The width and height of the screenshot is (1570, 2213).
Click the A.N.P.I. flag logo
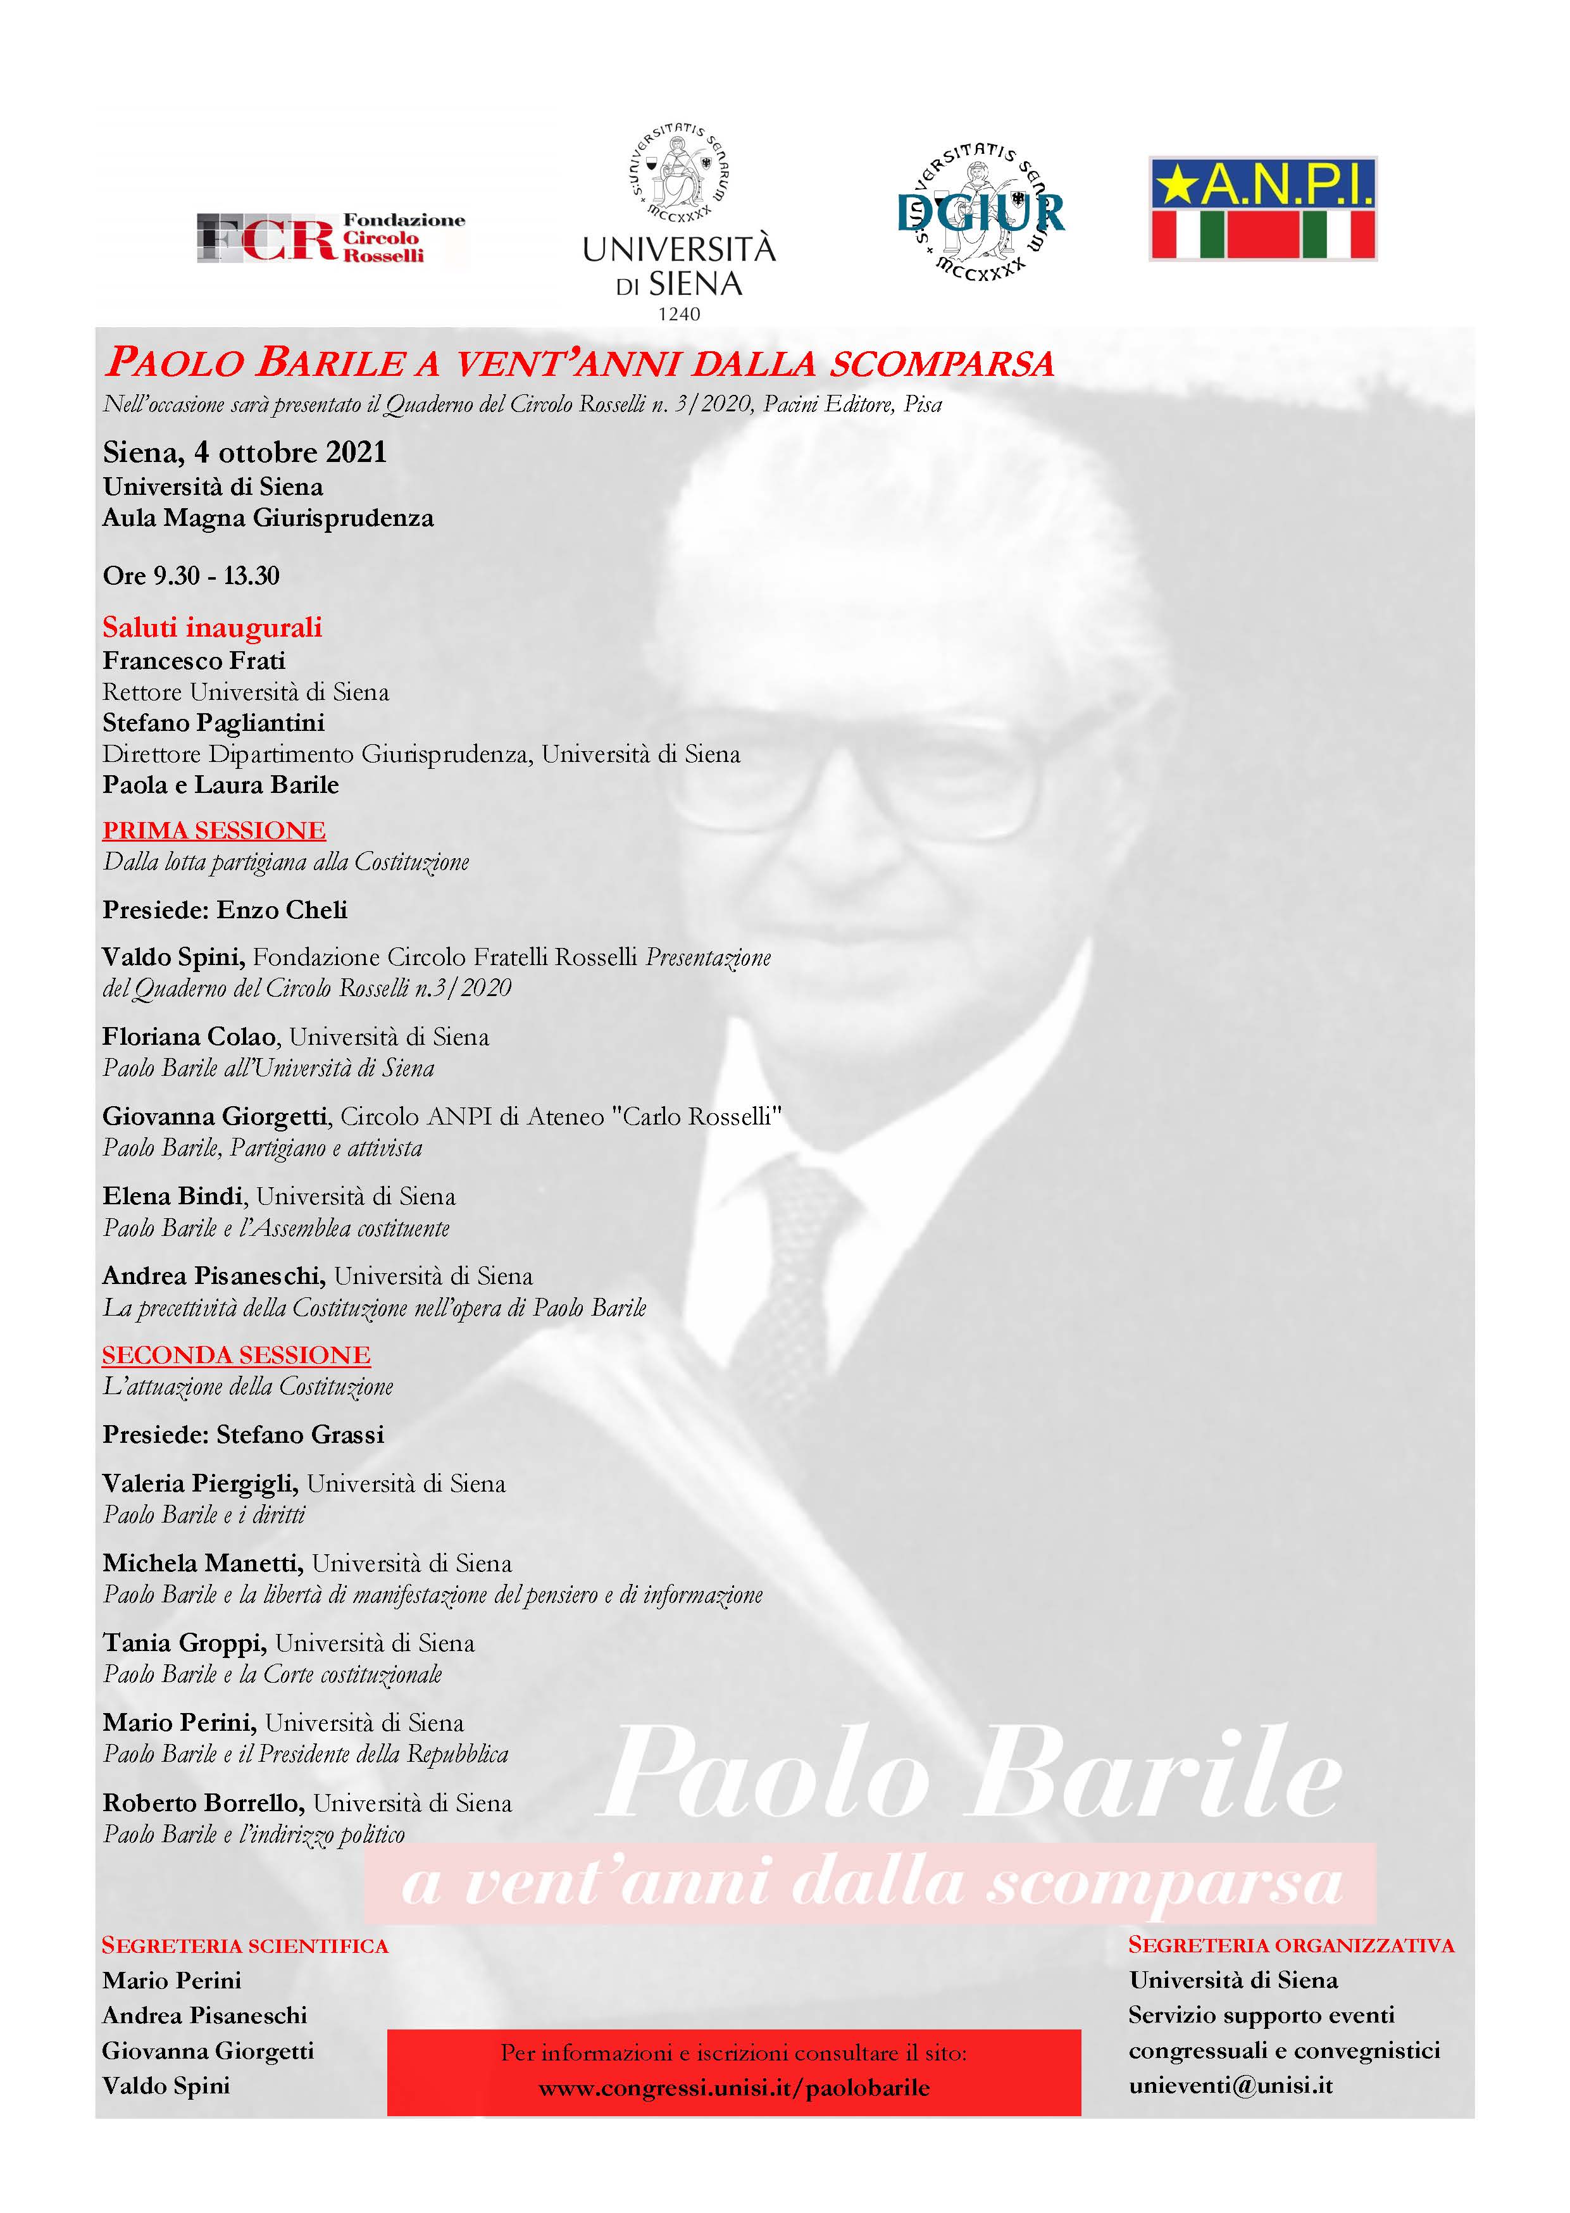point(1262,209)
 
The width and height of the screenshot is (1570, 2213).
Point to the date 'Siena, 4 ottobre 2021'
point(245,452)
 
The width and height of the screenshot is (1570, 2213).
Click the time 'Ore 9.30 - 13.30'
point(191,577)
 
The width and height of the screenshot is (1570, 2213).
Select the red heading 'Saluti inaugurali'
point(212,628)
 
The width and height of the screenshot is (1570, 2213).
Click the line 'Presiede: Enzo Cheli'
point(224,910)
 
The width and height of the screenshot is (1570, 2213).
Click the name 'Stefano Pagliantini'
point(213,723)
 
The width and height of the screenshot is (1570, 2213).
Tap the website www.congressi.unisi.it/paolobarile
point(734,2088)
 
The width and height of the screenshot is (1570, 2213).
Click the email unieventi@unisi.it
point(1231,2085)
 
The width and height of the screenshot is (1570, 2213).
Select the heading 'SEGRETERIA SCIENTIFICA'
point(246,1946)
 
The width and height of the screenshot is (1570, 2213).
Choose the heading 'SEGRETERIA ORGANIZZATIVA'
point(1290,1945)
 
